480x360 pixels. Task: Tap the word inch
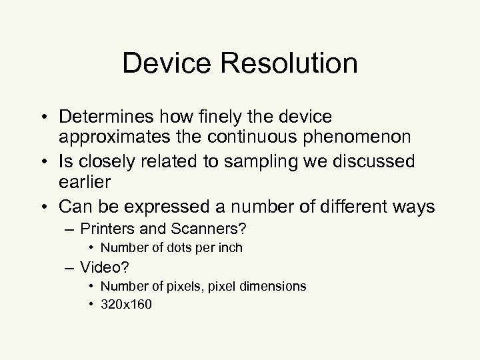(229, 248)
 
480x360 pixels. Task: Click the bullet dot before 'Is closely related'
(49, 162)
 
